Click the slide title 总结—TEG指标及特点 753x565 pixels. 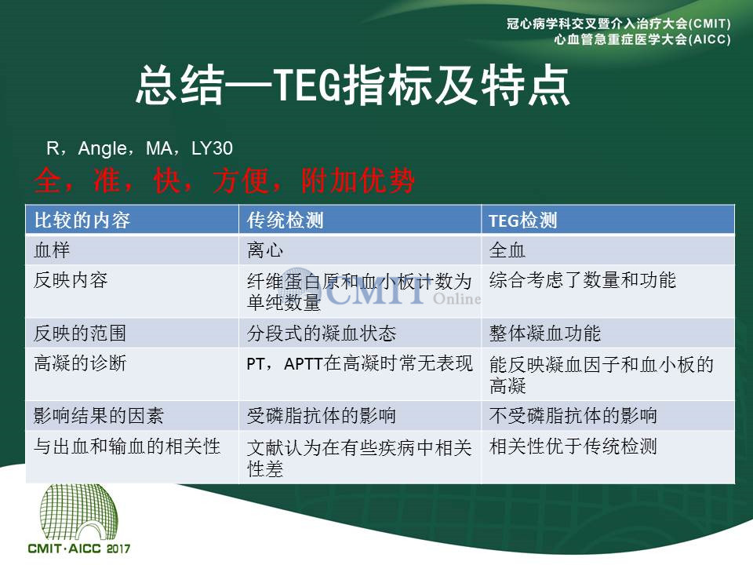pyautogui.click(x=353, y=86)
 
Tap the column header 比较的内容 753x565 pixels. pyautogui.click(x=82, y=221)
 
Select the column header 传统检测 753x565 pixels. pyautogui.click(x=286, y=221)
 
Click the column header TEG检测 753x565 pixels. pyautogui.click(x=523, y=221)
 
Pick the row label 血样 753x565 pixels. pyautogui.click(x=52, y=250)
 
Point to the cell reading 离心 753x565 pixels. pyautogui.click(x=265, y=250)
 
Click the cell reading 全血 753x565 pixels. pyautogui.click(x=507, y=250)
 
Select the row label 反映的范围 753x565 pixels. pyautogui.click(x=80, y=333)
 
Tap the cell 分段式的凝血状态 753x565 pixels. pyautogui.click(x=322, y=333)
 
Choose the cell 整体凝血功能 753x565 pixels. pyautogui.click(x=545, y=333)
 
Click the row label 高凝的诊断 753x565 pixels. pyautogui.click(x=80, y=363)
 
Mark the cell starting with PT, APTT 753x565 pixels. pyautogui.click(x=360, y=363)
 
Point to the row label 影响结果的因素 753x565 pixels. pyautogui.click(x=99, y=416)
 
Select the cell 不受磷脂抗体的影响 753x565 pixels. pyautogui.click(x=573, y=416)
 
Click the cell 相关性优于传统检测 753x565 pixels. pyautogui.click(x=573, y=447)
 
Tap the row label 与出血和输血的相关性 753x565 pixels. pyautogui.click(x=127, y=447)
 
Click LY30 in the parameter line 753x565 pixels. pyautogui.click(x=212, y=148)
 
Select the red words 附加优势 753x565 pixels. pyautogui.click(x=358, y=181)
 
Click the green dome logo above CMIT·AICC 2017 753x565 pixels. pyautogui.click(x=78, y=512)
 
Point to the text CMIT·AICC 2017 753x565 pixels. pyautogui.click(x=78, y=549)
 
